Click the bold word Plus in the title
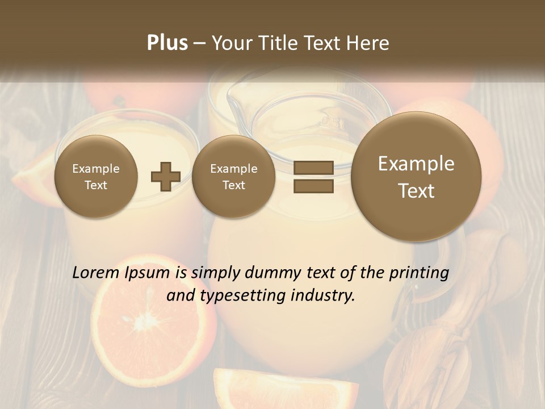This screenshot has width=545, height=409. point(167,43)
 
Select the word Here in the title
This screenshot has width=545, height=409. point(368,43)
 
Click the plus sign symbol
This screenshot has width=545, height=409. point(165,176)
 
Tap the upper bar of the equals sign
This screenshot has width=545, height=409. point(313,168)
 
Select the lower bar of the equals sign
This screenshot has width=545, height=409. point(313,186)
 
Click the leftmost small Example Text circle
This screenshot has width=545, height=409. point(96,177)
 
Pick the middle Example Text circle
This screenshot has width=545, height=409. point(233,177)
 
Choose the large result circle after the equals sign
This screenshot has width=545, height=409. point(416,177)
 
